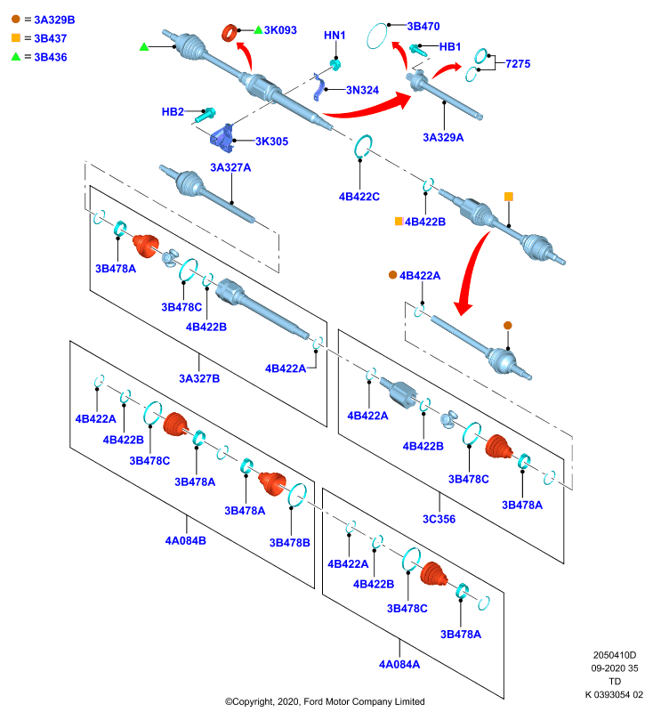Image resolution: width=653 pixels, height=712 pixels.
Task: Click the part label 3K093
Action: pos(280,30)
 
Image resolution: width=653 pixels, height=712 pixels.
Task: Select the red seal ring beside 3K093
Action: pos(230,33)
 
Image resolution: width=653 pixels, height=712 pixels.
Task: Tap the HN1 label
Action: pos(335,35)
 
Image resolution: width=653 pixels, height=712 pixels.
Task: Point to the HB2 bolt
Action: pos(206,115)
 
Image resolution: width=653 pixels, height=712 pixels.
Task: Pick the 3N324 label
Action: pos(362,90)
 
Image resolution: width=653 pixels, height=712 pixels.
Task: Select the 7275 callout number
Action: pos(518,63)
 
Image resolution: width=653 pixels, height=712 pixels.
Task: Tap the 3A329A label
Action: pos(443,137)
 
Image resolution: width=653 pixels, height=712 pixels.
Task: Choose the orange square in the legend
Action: pos(16,38)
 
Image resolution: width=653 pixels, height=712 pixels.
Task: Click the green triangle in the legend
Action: pos(16,57)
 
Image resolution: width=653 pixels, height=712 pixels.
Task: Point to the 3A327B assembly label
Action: pos(199,378)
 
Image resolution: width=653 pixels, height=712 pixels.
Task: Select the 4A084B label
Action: pos(186,540)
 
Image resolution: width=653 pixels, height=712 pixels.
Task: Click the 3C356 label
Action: pos(439,519)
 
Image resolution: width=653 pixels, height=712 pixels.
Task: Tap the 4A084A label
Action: pos(399,664)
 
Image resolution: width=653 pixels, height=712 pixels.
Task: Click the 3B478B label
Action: pos(289,543)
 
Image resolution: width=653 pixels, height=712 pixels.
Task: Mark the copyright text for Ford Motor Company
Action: pos(325,701)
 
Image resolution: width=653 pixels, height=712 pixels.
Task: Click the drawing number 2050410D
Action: pos(615,655)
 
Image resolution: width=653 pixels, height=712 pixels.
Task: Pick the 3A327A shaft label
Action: pos(230,167)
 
